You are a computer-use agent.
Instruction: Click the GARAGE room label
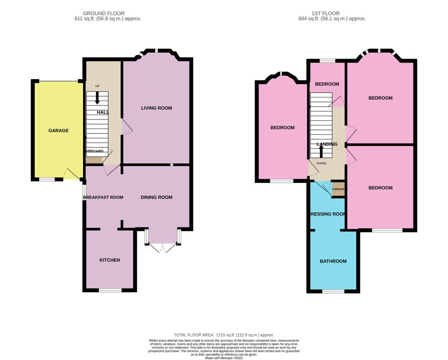point(58,130)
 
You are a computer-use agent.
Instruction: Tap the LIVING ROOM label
point(156,108)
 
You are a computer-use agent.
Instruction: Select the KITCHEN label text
point(109,260)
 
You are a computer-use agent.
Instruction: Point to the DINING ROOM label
point(156,197)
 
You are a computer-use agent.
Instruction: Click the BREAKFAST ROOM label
point(103,197)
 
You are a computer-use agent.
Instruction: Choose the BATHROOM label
point(333,261)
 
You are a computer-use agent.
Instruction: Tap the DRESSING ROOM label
point(327,214)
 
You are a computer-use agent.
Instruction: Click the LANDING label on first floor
point(327,144)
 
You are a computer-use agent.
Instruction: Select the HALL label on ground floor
point(103,112)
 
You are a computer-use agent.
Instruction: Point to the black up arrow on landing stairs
point(321,151)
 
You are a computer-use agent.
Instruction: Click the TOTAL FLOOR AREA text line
point(224,335)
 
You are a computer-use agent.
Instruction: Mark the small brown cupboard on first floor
point(338,189)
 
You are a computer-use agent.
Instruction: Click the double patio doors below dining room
point(162,248)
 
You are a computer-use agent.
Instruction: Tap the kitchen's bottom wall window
point(110,290)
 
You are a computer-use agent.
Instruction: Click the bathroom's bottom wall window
point(333,291)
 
